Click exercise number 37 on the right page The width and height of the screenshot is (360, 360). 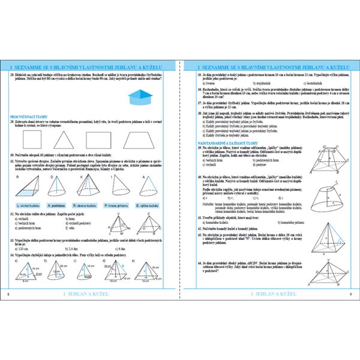point(192,103)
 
